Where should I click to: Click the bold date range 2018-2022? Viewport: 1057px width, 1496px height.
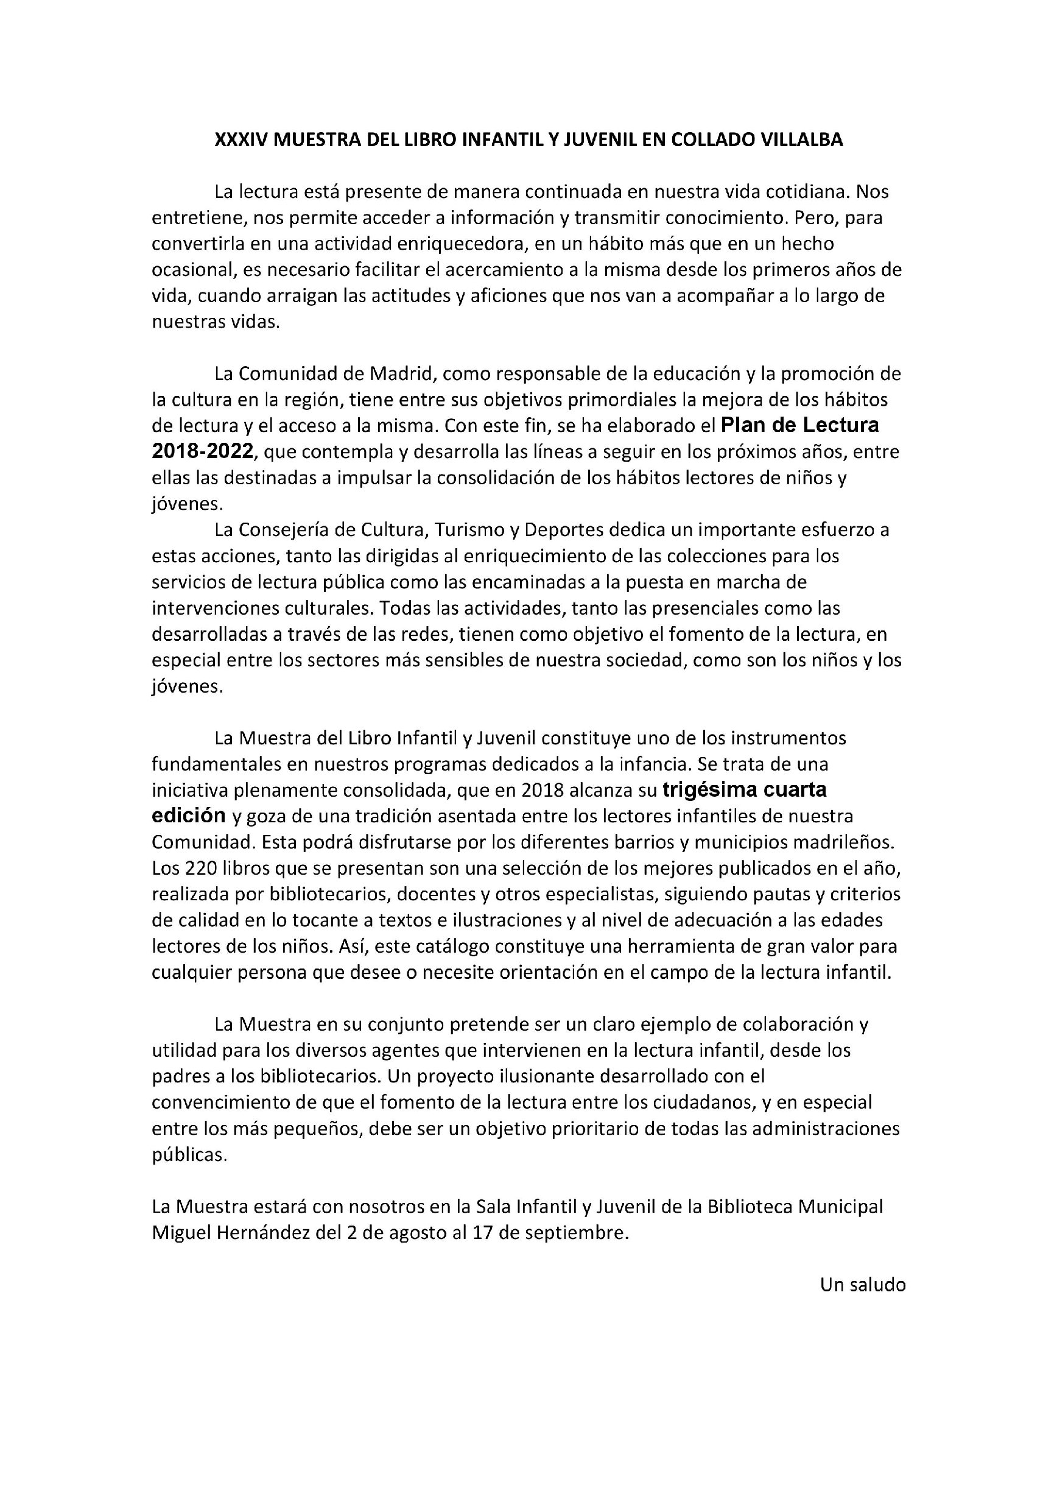pos(202,451)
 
